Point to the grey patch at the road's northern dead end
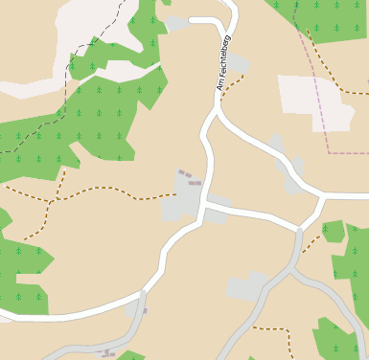[x=176, y=22]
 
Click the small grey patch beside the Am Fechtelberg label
[x=238, y=64]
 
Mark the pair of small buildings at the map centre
[x=189, y=178]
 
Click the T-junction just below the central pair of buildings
[x=204, y=204]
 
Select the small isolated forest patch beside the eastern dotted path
[x=334, y=231]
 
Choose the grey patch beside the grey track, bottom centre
[x=246, y=287]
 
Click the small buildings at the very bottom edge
[x=108, y=354]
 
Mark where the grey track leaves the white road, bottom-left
[x=143, y=293]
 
